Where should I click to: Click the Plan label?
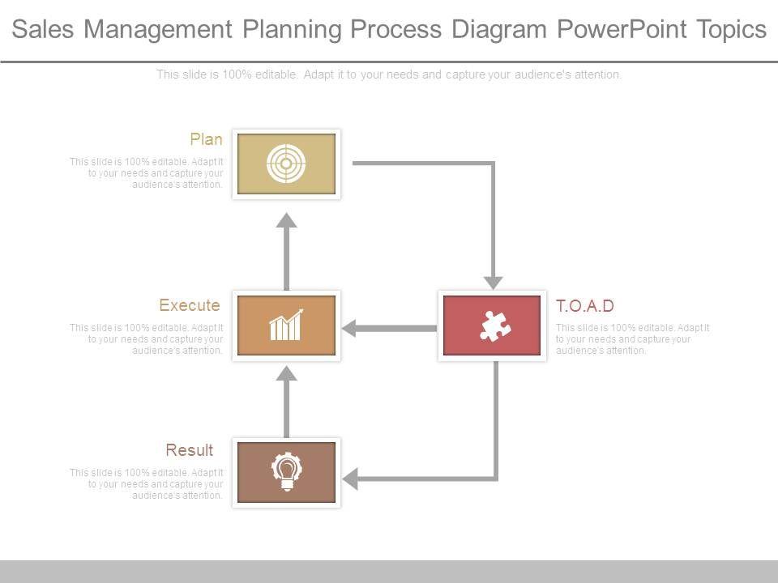coord(206,139)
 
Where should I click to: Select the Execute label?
coord(190,305)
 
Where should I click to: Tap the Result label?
coord(190,450)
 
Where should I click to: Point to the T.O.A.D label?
coord(585,306)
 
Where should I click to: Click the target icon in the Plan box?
coord(286,164)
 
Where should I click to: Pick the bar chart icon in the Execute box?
coord(286,326)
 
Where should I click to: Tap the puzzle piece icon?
coord(494,326)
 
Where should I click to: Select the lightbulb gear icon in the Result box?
coord(286,472)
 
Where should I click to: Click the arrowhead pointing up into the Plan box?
coord(286,220)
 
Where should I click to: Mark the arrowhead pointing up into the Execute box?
coord(286,372)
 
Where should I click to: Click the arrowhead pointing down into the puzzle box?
coord(493,282)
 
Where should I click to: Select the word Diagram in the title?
coord(500,30)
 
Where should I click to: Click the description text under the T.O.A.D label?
coord(632,339)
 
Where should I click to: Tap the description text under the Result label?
coord(147,484)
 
